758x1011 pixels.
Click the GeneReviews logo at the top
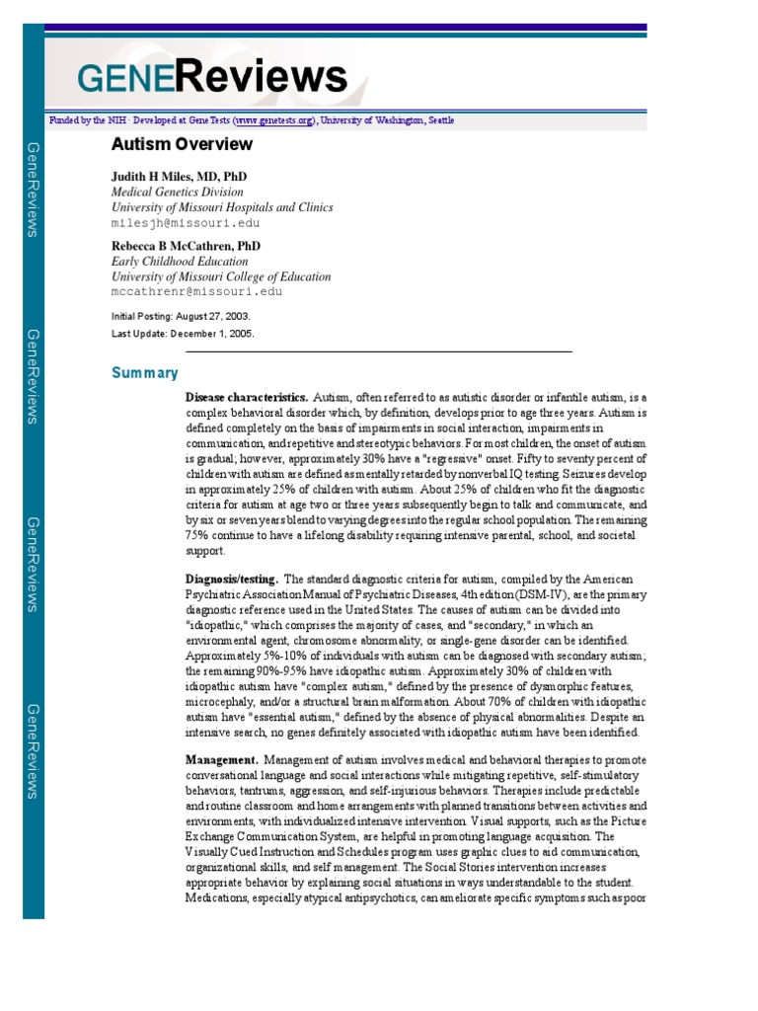pos(212,77)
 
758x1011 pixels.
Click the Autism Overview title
pos(182,145)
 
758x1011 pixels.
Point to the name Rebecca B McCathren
pos(186,246)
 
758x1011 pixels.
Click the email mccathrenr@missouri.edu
pos(196,292)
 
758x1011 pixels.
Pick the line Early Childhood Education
pos(180,262)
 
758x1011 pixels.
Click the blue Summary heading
pos(145,373)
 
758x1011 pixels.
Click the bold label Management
pos(222,760)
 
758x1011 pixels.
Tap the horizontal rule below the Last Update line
pos(379,351)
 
